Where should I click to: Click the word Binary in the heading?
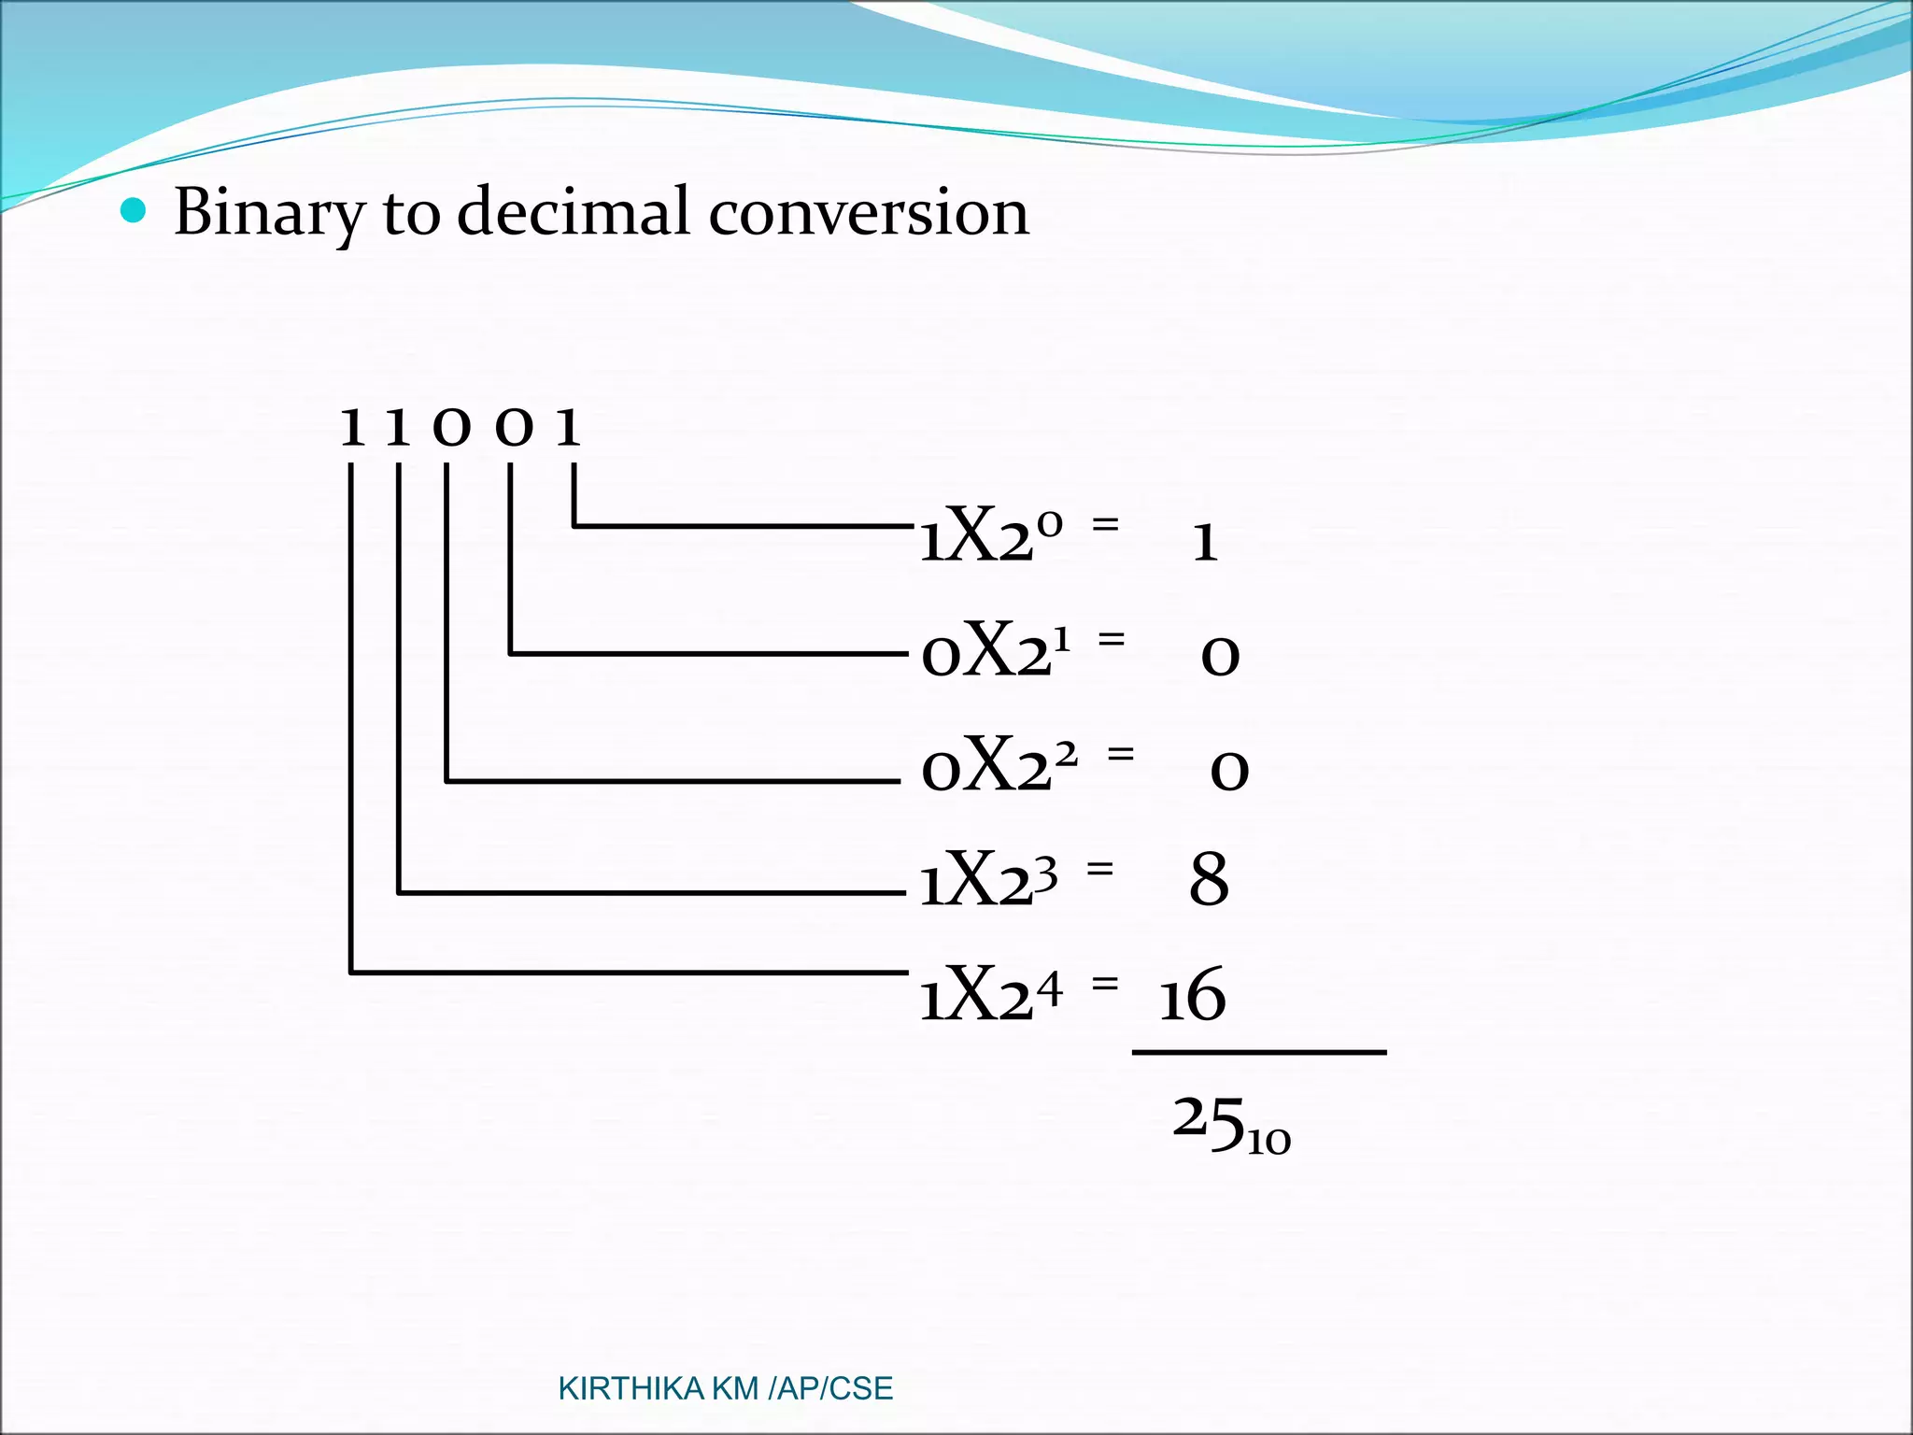click(269, 213)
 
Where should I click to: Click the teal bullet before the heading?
click(135, 211)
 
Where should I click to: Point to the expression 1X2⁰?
click(990, 536)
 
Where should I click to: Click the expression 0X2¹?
click(996, 650)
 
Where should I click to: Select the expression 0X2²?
click(998, 764)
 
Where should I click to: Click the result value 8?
click(1209, 880)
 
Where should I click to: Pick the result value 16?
click(1192, 996)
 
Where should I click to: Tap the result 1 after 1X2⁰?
click(1205, 542)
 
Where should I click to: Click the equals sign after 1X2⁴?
click(1104, 983)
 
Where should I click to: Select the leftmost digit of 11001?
click(352, 428)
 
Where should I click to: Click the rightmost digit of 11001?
click(568, 428)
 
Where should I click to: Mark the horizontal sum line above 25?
click(1259, 1053)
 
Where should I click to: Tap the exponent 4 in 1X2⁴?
click(1050, 988)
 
